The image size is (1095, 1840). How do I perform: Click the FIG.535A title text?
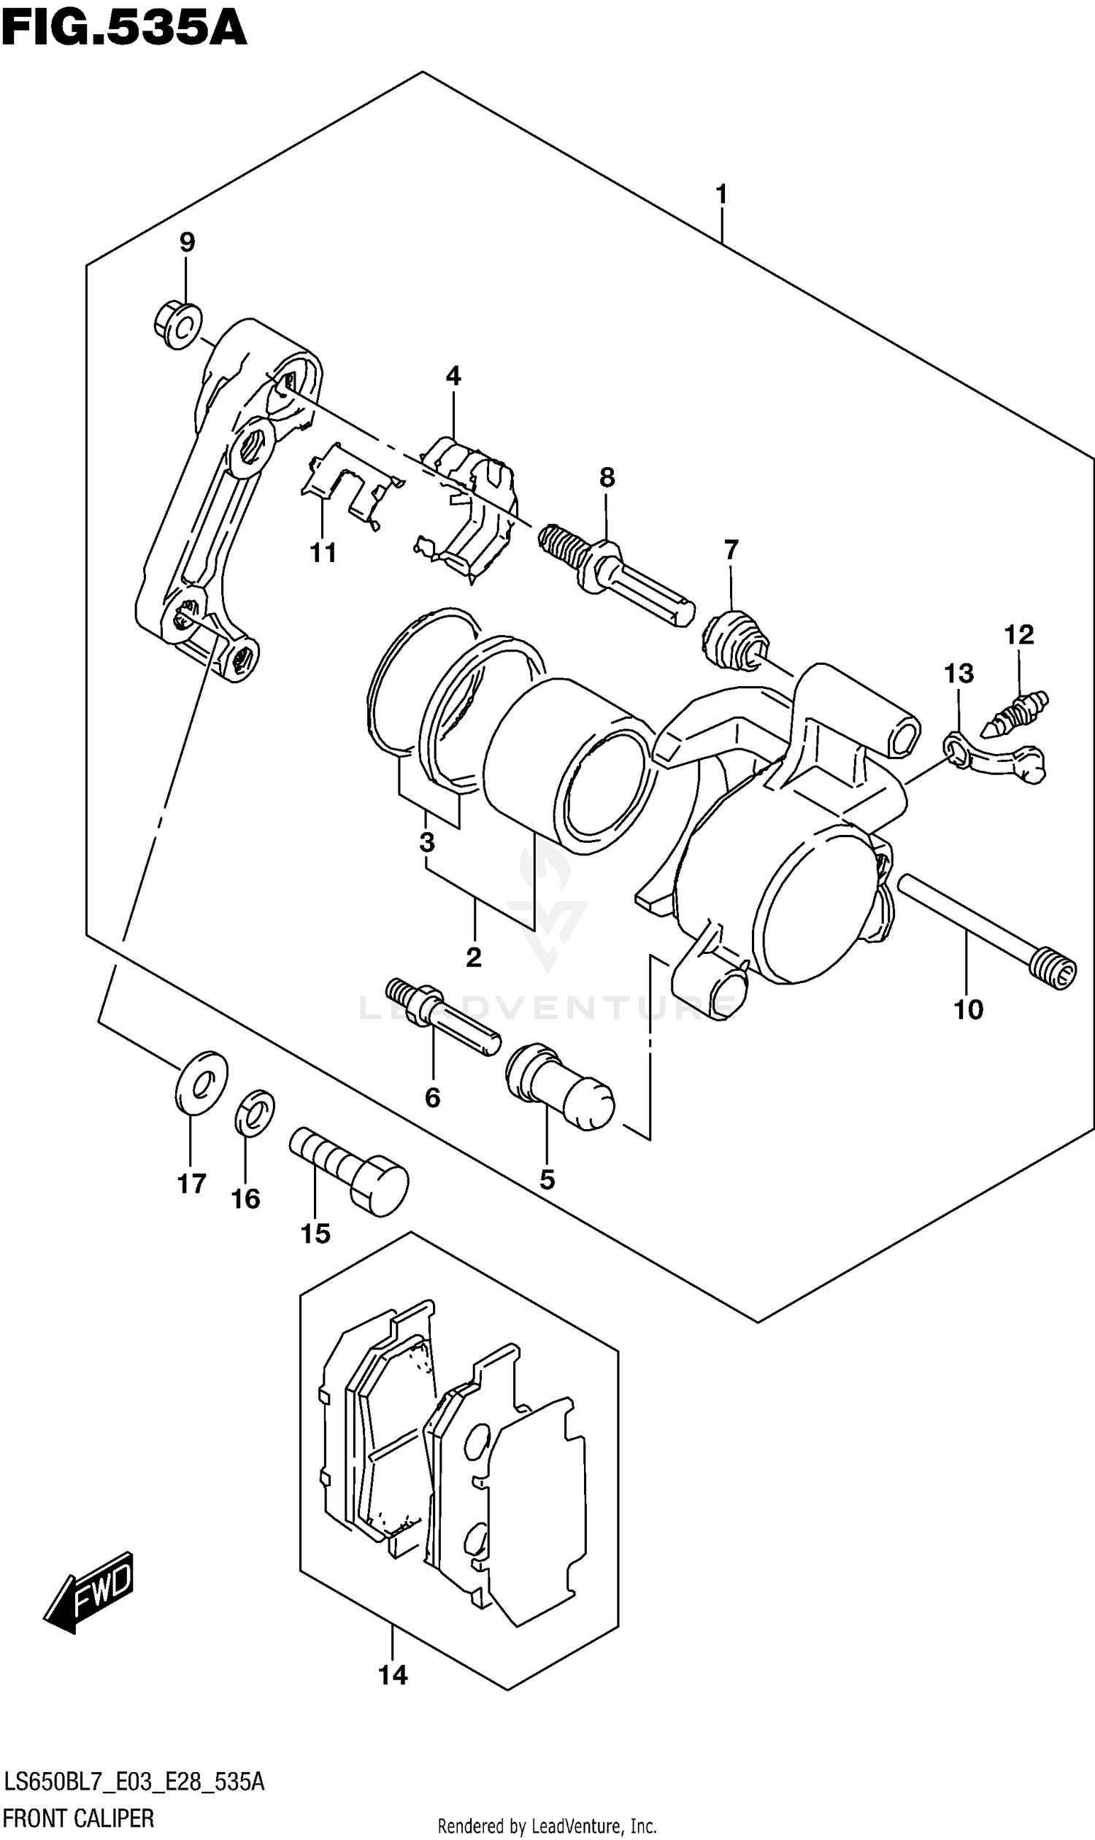pos(123,29)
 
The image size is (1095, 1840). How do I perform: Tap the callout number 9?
pos(187,242)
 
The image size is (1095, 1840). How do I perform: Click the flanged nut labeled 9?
pos(178,326)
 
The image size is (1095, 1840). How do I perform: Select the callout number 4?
pos(453,377)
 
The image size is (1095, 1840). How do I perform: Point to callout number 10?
pos(968,1010)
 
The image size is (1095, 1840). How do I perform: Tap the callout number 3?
pos(426,842)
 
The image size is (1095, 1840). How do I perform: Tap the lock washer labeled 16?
pos(255,1113)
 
